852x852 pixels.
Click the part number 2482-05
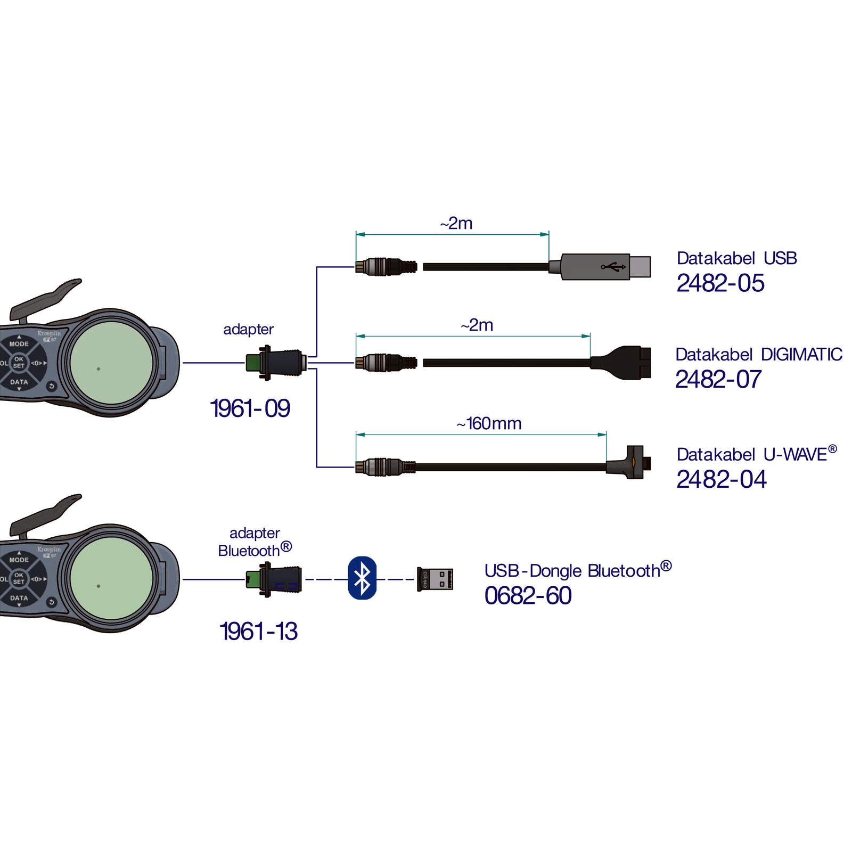720,283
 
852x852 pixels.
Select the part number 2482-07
718,380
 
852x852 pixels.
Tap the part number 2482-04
722,479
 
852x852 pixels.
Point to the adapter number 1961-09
250,408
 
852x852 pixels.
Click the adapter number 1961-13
259,632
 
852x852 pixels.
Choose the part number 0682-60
528,595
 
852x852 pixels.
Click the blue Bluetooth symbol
362,578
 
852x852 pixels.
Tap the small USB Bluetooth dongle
435,579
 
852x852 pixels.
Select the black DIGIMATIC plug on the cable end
621,363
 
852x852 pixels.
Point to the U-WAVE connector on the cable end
629,462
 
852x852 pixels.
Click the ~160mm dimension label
489,423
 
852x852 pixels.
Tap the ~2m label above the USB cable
456,223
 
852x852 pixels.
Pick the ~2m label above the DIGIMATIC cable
477,325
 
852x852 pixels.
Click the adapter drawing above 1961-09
276,363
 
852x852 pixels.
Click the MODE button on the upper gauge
19,344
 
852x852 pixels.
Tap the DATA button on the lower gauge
19,598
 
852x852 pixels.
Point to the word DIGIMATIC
801,355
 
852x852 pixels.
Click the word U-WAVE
796,455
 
